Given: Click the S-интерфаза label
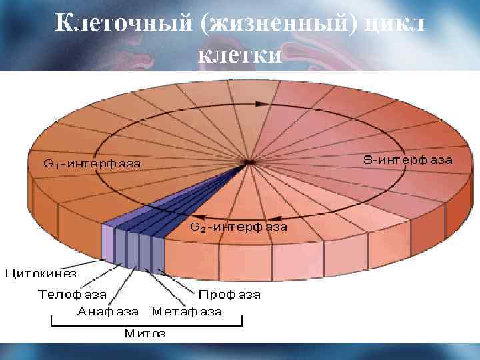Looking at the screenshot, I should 407,160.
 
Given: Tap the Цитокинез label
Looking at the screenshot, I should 41,273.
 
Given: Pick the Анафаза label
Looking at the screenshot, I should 108,311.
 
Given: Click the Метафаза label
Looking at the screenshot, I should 187,311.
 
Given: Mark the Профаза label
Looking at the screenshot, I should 229,293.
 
